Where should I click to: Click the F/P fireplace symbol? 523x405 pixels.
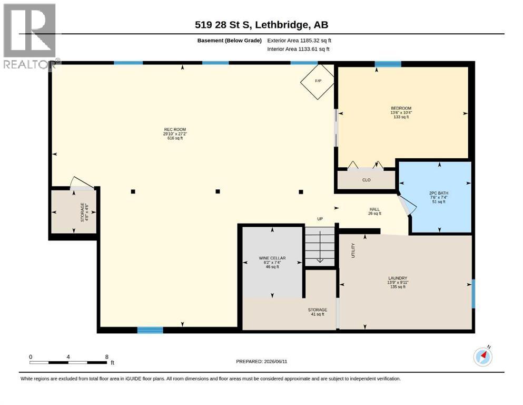click(317, 81)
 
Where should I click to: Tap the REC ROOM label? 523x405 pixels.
click(175, 130)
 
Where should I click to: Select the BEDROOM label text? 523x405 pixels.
click(401, 108)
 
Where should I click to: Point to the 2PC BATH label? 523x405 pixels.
click(439, 193)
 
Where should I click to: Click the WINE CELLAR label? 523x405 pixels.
click(272, 258)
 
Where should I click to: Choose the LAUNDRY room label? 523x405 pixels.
click(398, 278)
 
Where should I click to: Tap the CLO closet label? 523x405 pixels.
click(366, 180)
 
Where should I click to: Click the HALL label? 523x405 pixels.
click(374, 209)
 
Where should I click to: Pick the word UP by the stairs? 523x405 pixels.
click(320, 219)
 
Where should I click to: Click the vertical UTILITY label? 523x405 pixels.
click(353, 250)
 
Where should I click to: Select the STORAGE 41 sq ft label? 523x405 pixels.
click(317, 312)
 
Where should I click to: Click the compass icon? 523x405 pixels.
click(482, 356)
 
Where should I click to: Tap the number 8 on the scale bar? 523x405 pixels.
click(107, 357)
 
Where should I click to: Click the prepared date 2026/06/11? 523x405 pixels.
click(275, 361)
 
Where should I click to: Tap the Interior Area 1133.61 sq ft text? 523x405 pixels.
click(298, 49)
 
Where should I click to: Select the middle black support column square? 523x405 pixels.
click(218, 191)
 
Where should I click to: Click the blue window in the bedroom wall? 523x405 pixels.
click(388, 64)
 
